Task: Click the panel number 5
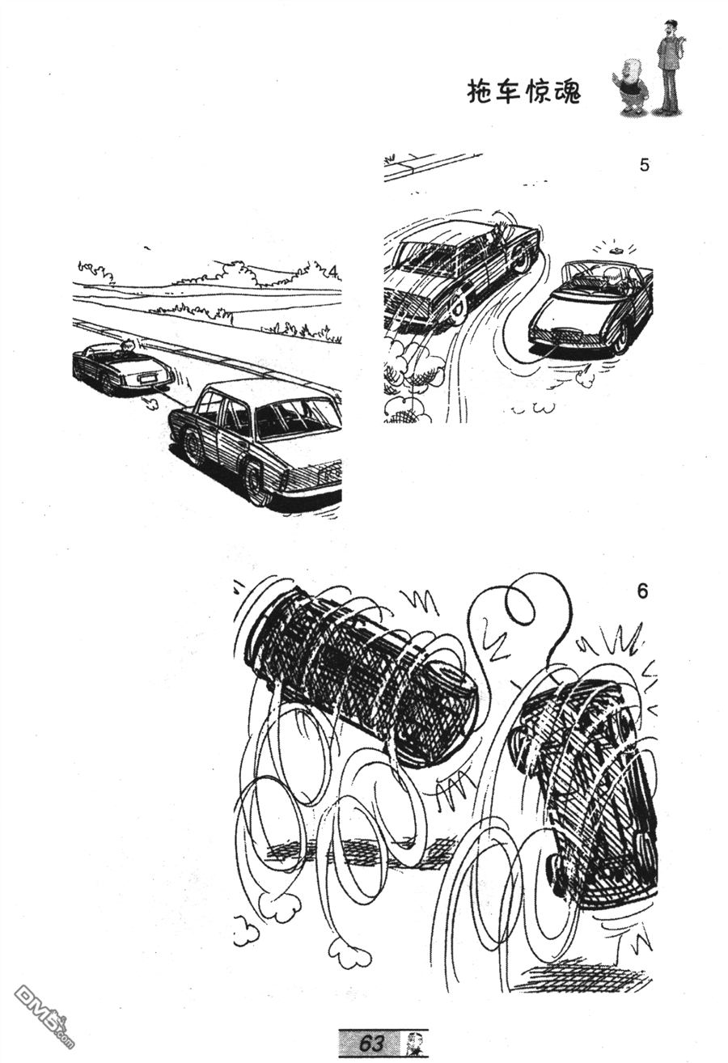644,165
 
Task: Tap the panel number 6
642,591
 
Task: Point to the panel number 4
334,272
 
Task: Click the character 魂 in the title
567,91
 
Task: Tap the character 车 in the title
509,91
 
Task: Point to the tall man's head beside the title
669,29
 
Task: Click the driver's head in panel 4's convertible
127,346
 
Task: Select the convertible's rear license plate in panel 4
146,379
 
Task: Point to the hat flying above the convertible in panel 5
616,250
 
